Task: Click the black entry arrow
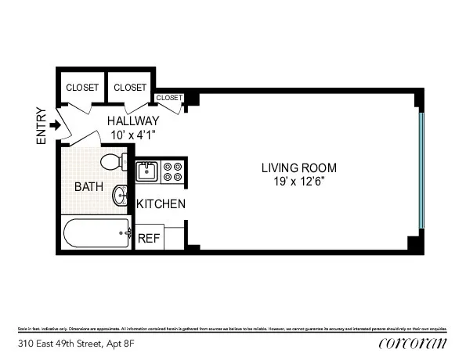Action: point(55,125)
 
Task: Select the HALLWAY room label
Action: point(133,121)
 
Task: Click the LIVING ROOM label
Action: point(298,167)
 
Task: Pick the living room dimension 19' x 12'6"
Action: point(298,182)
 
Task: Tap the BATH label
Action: point(88,187)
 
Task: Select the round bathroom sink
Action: point(121,195)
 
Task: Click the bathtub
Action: point(96,233)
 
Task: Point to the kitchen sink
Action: point(147,171)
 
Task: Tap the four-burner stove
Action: point(173,171)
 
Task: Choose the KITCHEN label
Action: point(161,204)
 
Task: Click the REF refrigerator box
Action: point(149,238)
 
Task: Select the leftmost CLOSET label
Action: point(82,88)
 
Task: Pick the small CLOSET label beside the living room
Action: point(169,98)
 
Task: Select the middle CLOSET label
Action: point(130,88)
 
